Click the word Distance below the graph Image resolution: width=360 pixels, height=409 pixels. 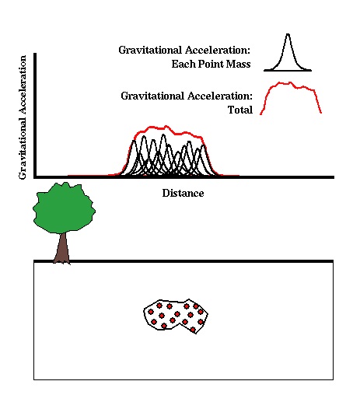coord(183,194)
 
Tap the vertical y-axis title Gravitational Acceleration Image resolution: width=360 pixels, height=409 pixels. coord(23,117)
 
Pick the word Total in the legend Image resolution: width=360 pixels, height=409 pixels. coord(240,110)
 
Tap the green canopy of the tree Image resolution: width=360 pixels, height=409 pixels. coord(64,208)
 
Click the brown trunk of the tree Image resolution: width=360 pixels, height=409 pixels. coord(62,248)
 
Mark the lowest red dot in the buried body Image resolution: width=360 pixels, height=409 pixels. coord(193,330)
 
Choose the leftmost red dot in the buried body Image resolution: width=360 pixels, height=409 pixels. coord(151,312)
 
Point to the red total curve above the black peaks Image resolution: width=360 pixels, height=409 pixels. coord(166,128)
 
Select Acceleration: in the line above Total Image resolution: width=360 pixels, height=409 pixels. coord(220,96)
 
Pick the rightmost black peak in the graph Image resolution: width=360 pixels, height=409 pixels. coord(204,146)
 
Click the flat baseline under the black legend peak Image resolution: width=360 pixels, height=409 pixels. coord(288,71)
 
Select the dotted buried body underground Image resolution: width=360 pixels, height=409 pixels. coord(176,316)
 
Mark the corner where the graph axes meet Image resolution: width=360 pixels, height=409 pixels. coord(35,177)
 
